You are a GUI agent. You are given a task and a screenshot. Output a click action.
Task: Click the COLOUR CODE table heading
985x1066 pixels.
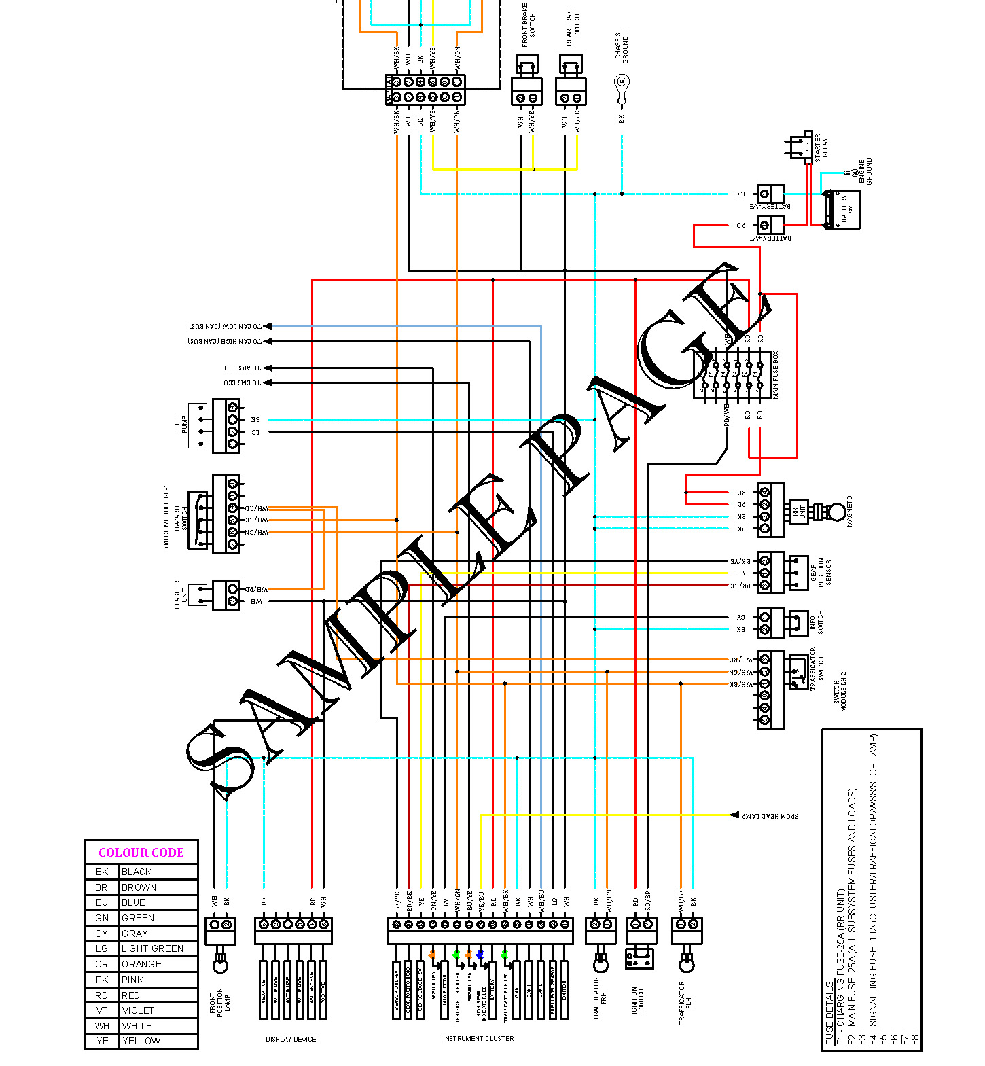(141, 853)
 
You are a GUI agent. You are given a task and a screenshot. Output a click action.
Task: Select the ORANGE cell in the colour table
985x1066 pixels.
(141, 964)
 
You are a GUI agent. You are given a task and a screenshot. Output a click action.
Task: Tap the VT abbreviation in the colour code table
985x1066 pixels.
(102, 1010)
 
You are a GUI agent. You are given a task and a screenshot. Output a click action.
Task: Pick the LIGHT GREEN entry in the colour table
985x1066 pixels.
(152, 948)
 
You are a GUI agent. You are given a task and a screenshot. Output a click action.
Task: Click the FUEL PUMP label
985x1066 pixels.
(181, 425)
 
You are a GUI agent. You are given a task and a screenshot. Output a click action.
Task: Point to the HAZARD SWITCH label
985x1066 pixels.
(181, 518)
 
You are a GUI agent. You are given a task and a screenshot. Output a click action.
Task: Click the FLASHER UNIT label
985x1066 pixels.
(181, 594)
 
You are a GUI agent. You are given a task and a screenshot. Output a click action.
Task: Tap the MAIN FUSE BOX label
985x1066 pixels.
(775, 375)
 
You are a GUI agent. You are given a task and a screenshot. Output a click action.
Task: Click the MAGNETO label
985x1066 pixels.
(850, 511)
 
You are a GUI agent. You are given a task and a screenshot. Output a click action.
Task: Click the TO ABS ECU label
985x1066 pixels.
(243, 368)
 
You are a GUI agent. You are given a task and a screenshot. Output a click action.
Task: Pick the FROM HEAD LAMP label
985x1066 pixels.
(770, 815)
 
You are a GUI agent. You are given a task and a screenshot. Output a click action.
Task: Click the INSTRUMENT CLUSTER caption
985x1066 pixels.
(478, 1039)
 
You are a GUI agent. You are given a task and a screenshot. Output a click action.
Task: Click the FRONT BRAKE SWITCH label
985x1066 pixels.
(529, 26)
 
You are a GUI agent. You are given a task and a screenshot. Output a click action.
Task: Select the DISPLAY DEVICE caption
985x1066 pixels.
(291, 1040)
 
